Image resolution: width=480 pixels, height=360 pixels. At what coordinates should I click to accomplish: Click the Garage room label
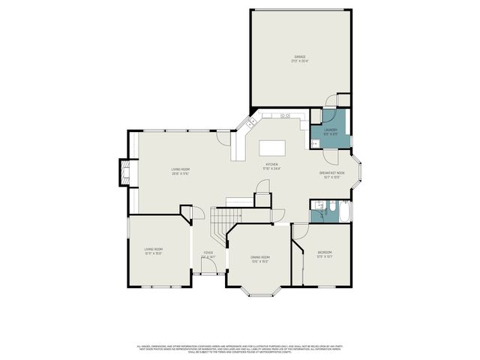click(299, 58)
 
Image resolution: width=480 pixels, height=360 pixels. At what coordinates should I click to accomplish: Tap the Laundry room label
click(331, 131)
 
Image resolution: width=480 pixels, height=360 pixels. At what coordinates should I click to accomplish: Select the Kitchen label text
click(271, 166)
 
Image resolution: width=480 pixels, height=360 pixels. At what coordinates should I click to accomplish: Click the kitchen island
click(274, 147)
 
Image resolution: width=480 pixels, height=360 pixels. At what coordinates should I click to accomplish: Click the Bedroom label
click(324, 253)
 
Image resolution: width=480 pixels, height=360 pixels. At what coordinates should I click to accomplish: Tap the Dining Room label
click(260, 259)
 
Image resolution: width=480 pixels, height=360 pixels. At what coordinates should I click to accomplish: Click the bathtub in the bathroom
click(344, 212)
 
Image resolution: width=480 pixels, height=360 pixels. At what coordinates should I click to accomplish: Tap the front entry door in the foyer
click(208, 274)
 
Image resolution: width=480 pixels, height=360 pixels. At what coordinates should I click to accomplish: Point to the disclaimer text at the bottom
click(239, 349)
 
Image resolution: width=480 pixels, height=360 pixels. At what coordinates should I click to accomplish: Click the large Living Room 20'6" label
click(180, 172)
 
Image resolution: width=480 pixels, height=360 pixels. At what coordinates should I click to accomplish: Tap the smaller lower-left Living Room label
click(154, 251)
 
